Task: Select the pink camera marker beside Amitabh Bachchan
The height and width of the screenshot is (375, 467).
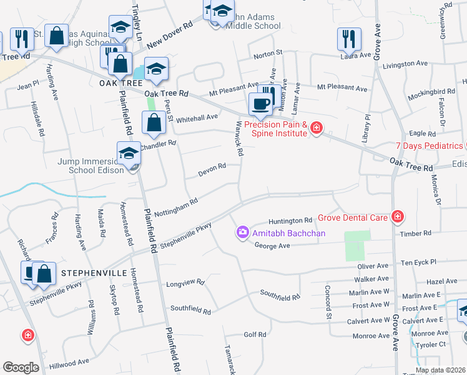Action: pyautogui.click(x=242, y=233)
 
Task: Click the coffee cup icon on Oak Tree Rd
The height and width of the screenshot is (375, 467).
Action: pyautogui.click(x=260, y=103)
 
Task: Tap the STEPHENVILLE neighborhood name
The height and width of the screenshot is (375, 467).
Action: pyautogui.click(x=94, y=273)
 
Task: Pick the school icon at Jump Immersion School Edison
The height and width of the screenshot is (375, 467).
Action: pyautogui.click(x=129, y=152)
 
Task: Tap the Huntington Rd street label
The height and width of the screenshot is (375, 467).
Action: pyautogui.click(x=290, y=221)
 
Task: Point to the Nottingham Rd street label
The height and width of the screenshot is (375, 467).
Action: pyautogui.click(x=175, y=207)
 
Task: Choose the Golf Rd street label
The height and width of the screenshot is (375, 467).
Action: pyautogui.click(x=255, y=334)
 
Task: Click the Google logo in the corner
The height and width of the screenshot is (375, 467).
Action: pyautogui.click(x=21, y=367)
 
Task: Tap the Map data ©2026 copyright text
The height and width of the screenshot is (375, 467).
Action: pyautogui.click(x=440, y=370)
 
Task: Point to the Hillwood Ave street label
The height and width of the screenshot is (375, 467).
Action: pyautogui.click(x=70, y=363)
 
